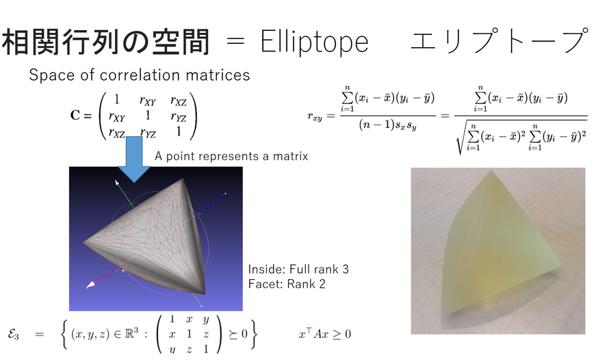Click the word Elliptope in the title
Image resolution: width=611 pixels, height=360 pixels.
click(314, 42)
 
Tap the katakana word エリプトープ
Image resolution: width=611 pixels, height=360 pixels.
click(499, 40)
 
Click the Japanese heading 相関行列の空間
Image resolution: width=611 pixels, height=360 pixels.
click(105, 41)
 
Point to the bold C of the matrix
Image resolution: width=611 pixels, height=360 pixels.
click(75, 116)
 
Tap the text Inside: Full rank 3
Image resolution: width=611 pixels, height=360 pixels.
click(298, 269)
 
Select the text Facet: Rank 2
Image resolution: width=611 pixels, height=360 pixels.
click(287, 284)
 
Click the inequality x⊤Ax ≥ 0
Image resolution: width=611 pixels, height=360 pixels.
click(325, 334)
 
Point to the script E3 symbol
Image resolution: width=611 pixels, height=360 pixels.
click(13, 335)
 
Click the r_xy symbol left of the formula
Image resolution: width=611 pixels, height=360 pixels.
click(315, 116)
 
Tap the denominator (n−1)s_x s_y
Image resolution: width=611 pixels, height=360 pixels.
click(388, 125)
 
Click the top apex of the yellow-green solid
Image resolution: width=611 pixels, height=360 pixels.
click(491, 171)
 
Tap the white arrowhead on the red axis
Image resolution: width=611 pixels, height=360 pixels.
click(90, 285)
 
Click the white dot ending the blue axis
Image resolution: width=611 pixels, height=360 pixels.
click(225, 193)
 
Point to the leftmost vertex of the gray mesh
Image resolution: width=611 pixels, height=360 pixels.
click(84, 243)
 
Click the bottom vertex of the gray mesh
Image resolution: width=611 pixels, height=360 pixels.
click(204, 293)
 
